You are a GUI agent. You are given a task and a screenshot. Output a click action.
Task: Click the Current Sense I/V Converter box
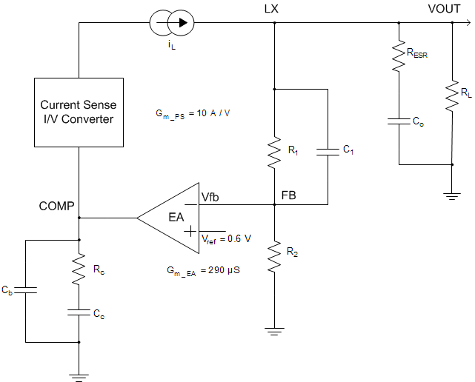point(79,112)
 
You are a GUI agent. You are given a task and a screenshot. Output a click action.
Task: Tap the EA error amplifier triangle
point(172,218)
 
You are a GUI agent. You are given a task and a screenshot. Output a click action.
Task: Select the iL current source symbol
point(173,23)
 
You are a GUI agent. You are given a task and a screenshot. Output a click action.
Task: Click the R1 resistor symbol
point(275,151)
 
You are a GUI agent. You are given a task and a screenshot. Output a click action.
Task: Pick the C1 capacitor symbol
point(327,151)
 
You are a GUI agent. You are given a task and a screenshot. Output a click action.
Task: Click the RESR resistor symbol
point(399,56)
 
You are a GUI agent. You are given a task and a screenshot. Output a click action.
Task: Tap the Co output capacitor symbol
point(399,120)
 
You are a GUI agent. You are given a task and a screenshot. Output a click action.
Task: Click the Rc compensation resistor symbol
point(79,270)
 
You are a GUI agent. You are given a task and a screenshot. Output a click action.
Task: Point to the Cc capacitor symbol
point(79,313)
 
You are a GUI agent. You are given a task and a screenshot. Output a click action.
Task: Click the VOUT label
point(443,8)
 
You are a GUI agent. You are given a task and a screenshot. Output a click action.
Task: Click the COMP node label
point(56,207)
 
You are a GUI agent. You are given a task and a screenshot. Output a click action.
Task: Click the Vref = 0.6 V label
point(226,238)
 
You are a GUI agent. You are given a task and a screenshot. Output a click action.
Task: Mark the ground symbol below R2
point(275,332)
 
